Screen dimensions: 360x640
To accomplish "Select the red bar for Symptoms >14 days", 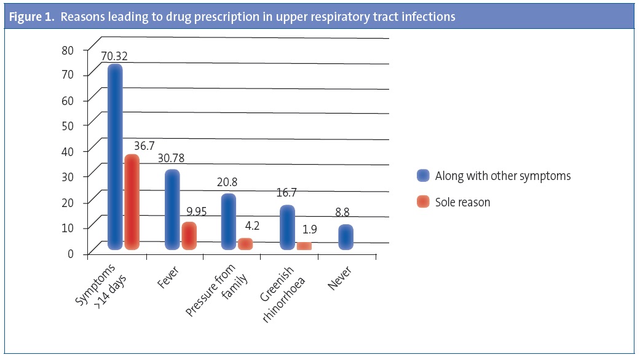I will pyautogui.click(x=132, y=202).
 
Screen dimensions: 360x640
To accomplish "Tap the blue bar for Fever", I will pyautogui.click(x=172, y=209).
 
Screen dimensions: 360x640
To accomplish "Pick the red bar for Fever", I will pyautogui.click(x=189, y=236).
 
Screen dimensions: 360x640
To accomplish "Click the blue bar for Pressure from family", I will pyautogui.click(x=228, y=221).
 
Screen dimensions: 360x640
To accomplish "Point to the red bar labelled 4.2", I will pyautogui.click(x=245, y=244).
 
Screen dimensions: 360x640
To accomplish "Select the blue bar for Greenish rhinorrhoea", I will pyautogui.click(x=287, y=227).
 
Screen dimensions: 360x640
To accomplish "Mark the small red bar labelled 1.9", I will pyautogui.click(x=304, y=246).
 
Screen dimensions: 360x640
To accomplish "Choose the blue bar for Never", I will pyautogui.click(x=346, y=237).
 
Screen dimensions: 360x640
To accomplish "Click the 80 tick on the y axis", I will pyautogui.click(x=68, y=49).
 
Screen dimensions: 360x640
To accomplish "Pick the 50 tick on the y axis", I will pyautogui.click(x=68, y=125).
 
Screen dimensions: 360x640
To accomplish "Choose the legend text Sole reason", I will pyautogui.click(x=462, y=202).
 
